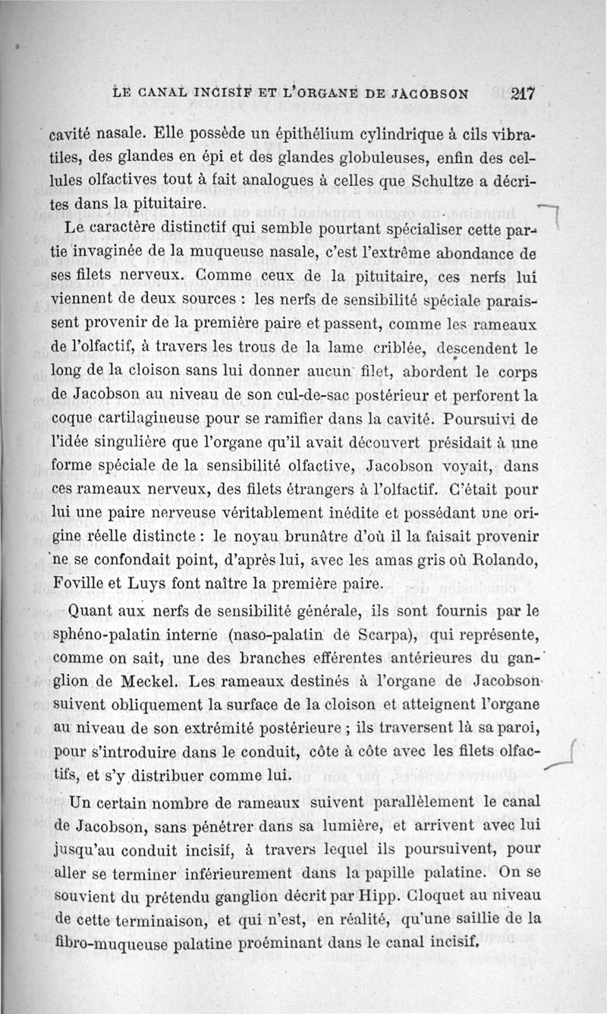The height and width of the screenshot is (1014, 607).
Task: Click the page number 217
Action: [524, 95]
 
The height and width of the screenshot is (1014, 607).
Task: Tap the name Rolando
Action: [505, 561]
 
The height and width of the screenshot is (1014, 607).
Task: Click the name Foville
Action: [82, 584]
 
